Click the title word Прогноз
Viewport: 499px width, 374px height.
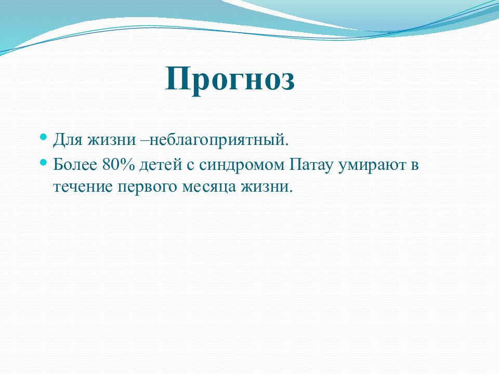[230, 80]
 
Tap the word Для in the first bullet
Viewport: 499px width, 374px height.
[67, 140]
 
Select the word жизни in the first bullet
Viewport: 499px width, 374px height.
[111, 140]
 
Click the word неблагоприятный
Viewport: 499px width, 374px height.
[219, 140]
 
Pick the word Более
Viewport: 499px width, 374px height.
[75, 165]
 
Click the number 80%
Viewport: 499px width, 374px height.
[119, 165]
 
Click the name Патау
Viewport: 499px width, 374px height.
[311, 165]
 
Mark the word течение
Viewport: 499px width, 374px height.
[83, 186]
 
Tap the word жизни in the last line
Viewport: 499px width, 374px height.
[266, 186]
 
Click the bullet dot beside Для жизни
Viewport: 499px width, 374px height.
[44, 137]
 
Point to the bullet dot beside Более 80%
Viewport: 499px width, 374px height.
[44, 162]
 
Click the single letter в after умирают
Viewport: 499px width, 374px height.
[414, 165]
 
